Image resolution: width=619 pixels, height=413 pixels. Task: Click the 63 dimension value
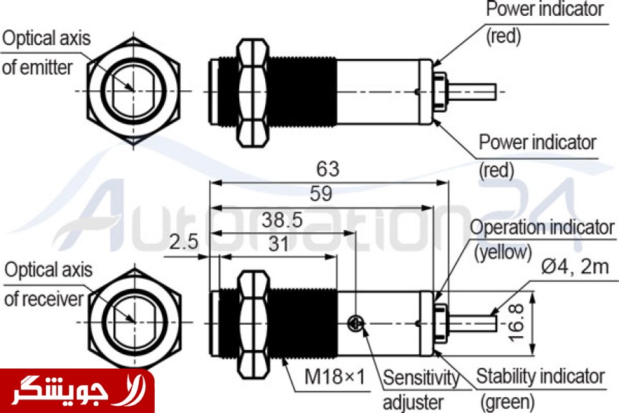[x=327, y=169]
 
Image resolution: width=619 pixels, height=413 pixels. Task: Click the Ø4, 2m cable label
[x=575, y=267]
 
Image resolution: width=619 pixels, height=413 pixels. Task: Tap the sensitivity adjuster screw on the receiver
[x=355, y=324]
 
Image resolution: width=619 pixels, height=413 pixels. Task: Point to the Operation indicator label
[x=542, y=228]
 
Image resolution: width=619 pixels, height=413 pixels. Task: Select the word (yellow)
[x=503, y=252]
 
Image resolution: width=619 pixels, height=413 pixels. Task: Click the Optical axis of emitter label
[x=47, y=52]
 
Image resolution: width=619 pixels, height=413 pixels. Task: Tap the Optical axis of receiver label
[x=48, y=284]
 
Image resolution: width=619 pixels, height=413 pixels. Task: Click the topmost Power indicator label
[x=544, y=10]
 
